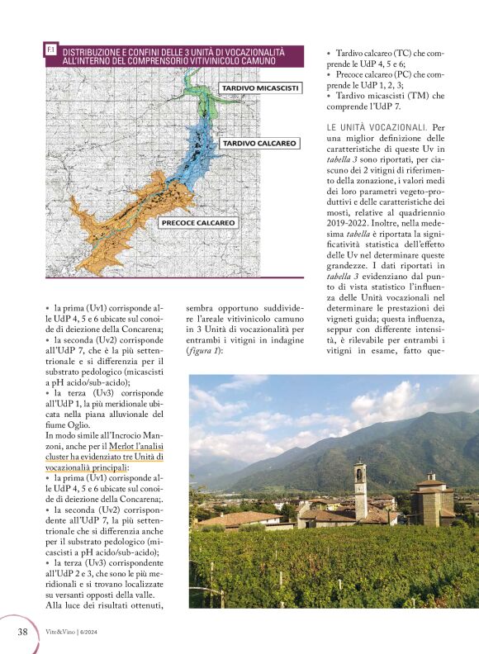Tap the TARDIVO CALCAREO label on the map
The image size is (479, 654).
[x=258, y=144]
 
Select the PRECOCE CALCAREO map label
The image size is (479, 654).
[x=198, y=222]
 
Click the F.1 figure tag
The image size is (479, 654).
[x=51, y=51]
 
